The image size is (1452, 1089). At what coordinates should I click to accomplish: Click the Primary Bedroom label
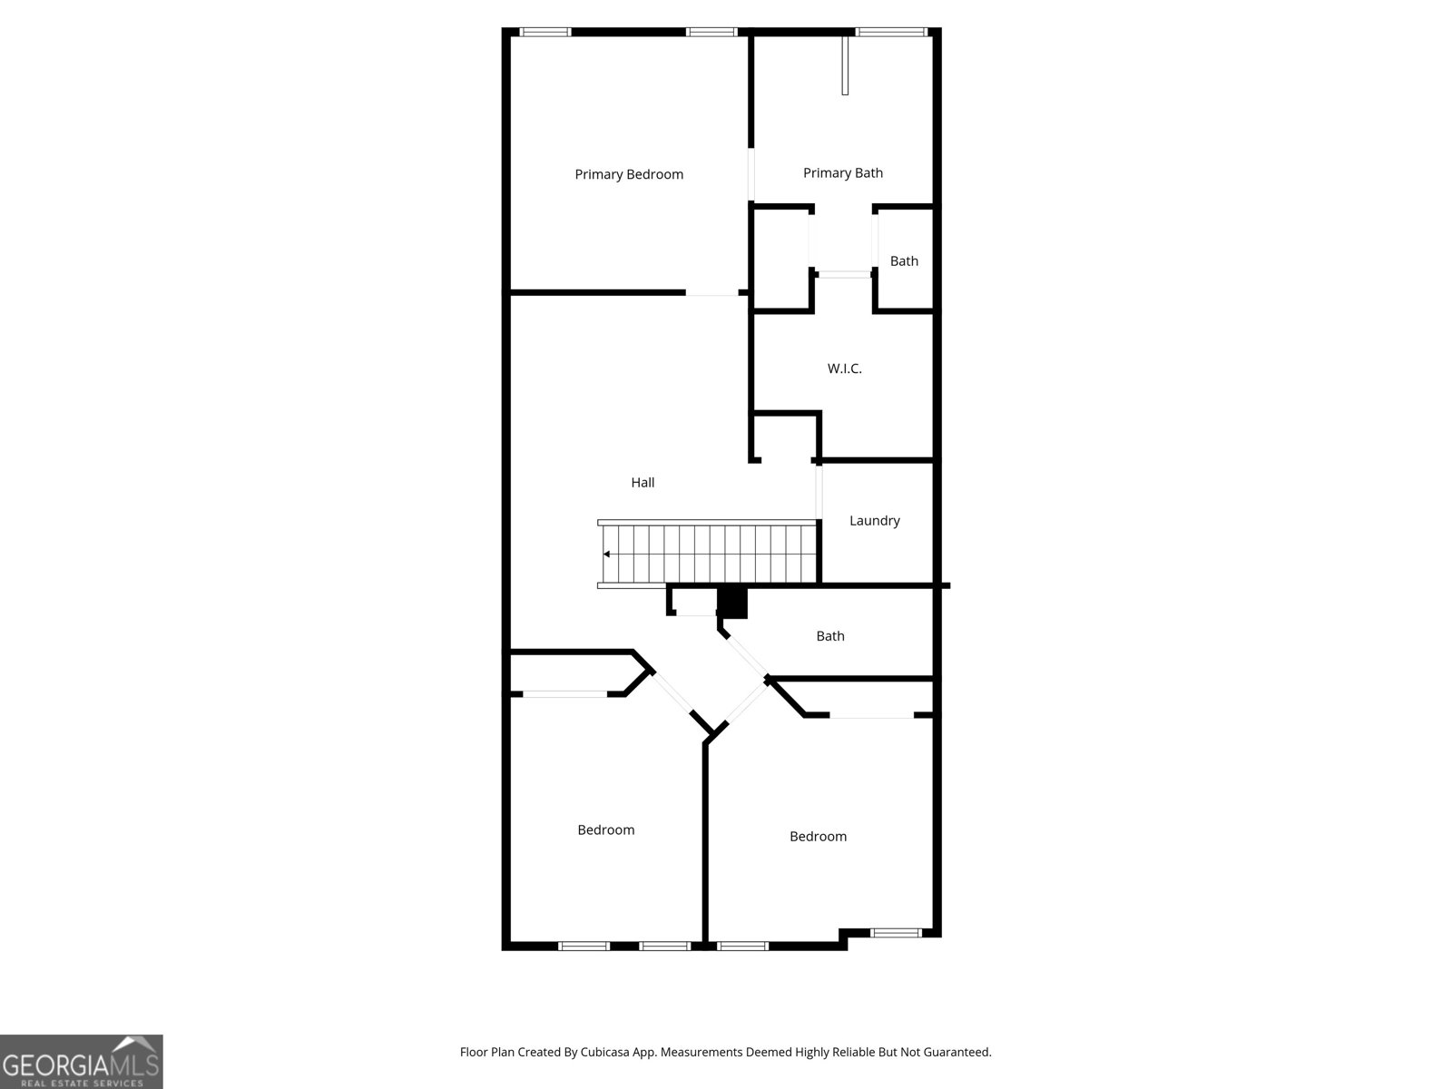pos(628,174)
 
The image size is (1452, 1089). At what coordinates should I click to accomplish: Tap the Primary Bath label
pos(843,173)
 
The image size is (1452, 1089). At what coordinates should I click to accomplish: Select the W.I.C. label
pos(844,368)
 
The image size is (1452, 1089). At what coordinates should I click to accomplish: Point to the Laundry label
pos(875,521)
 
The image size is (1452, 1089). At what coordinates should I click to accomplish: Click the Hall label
pos(643,483)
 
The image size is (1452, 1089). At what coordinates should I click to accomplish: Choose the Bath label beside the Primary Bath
pos(904,261)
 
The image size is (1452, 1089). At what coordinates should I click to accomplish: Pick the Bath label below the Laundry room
pos(830,636)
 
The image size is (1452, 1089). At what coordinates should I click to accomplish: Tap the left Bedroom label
pos(606,829)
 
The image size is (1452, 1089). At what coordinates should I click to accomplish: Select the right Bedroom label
pos(818,837)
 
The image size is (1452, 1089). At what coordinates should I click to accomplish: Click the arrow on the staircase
pos(606,554)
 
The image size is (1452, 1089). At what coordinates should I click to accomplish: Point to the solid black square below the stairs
pos(732,603)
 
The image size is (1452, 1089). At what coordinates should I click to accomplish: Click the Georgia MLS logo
pos(82,1061)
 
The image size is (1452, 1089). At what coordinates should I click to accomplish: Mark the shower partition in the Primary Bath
pos(845,65)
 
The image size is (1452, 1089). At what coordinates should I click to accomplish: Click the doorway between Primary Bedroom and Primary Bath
pos(751,174)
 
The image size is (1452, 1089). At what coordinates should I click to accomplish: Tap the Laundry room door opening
pos(819,493)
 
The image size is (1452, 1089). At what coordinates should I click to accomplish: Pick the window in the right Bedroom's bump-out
pos(895,933)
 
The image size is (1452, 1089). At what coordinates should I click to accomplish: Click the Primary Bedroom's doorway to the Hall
pos(711,292)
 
